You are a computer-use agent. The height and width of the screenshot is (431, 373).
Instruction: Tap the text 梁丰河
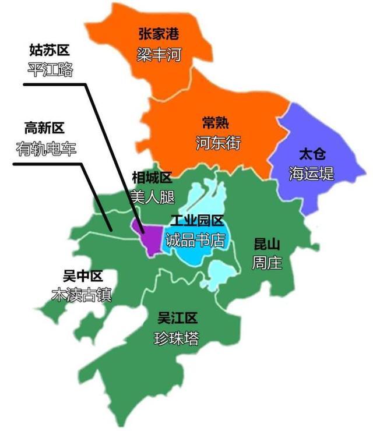pyautogui.click(x=159, y=55)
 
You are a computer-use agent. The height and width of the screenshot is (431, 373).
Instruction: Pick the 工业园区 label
pyautogui.click(x=197, y=221)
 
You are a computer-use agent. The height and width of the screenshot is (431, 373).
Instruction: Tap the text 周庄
pyautogui.click(x=266, y=263)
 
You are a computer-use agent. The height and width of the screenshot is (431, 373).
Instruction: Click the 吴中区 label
pyautogui.click(x=83, y=275)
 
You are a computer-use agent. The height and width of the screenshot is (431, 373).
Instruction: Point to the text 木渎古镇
pyautogui.click(x=82, y=295)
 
